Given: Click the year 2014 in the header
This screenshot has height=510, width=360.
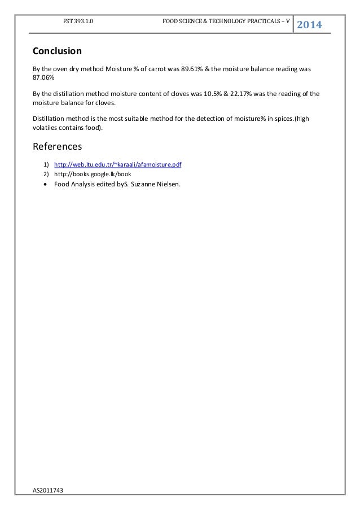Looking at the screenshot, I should (309, 25).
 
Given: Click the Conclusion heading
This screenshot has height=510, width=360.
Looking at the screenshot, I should (57, 51).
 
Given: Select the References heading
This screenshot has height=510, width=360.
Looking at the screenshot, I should (57, 146).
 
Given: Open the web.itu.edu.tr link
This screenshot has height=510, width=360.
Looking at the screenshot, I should (117, 164).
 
